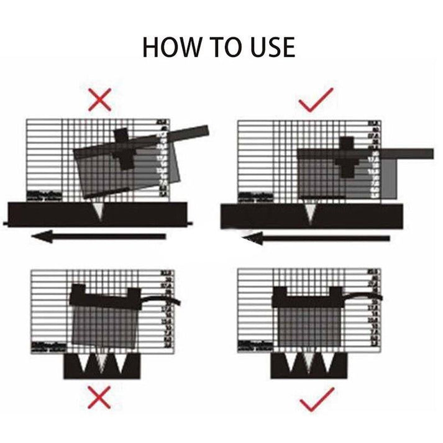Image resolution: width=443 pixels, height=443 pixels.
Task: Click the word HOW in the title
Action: click(170, 47)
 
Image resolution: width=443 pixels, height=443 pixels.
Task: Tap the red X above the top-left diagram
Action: click(99, 99)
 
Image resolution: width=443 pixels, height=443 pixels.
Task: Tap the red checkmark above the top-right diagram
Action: click(316, 99)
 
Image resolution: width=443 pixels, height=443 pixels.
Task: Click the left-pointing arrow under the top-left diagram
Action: click(99, 236)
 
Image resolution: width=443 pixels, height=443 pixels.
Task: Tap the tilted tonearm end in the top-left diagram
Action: click(193, 132)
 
